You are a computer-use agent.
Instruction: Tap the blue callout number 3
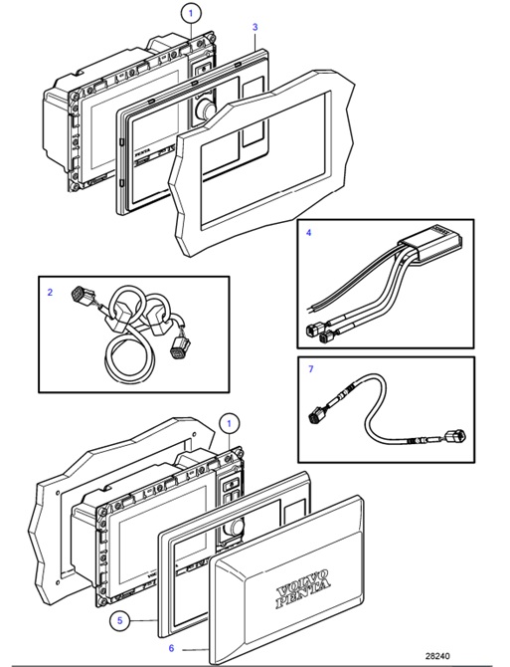[x=255, y=27]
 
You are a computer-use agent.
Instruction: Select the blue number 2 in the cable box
[x=50, y=293]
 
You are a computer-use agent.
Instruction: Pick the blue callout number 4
[x=308, y=233]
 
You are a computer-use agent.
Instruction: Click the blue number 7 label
[x=310, y=370]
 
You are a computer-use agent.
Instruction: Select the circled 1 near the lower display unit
[x=229, y=424]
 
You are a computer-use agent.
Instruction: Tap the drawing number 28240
[x=438, y=656]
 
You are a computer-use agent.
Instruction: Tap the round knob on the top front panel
[x=207, y=107]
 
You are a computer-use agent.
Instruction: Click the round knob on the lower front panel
[x=237, y=526]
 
